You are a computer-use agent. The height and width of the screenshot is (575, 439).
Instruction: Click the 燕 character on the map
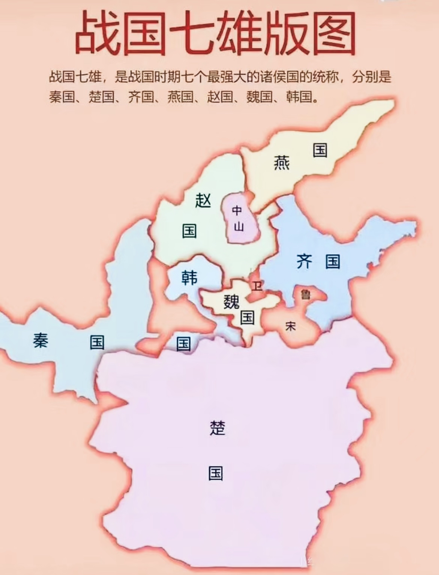(281, 163)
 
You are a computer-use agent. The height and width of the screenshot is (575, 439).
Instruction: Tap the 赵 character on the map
(203, 200)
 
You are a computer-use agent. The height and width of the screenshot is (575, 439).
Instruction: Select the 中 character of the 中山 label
(237, 211)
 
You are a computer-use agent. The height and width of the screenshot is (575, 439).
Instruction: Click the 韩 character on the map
(189, 278)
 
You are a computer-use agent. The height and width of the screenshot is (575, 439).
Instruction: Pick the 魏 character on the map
(232, 301)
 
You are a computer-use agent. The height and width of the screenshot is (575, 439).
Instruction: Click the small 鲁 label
(306, 295)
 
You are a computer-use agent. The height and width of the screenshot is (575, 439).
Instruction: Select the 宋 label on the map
(290, 326)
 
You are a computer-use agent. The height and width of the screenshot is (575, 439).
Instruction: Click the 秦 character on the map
(41, 340)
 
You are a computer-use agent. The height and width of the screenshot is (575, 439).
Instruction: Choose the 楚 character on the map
(217, 427)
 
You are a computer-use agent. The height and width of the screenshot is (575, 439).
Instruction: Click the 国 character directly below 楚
(216, 473)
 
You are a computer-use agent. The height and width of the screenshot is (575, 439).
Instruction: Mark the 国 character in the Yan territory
(320, 150)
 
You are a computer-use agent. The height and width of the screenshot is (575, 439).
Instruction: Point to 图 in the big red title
(334, 33)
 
